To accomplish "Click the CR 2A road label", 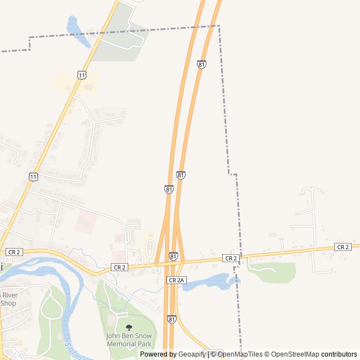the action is point(175,280).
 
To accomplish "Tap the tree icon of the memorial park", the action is point(129,327).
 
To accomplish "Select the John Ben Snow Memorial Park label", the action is point(129,340).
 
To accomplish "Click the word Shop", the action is point(8,303).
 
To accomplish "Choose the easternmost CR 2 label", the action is point(342,247).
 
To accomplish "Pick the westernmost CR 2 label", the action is point(14,252).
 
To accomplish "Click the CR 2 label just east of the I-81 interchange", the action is point(230,258).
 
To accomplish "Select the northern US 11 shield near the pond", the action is point(82,75).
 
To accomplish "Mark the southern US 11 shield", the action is point(33,177).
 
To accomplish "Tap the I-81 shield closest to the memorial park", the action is point(171,319).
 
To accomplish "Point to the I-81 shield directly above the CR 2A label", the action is point(173,256).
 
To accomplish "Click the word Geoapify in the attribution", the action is point(192,354).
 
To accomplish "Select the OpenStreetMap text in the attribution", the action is point(295,354).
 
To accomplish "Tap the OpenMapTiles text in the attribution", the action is point(240,354).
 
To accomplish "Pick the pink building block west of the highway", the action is point(85,222).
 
